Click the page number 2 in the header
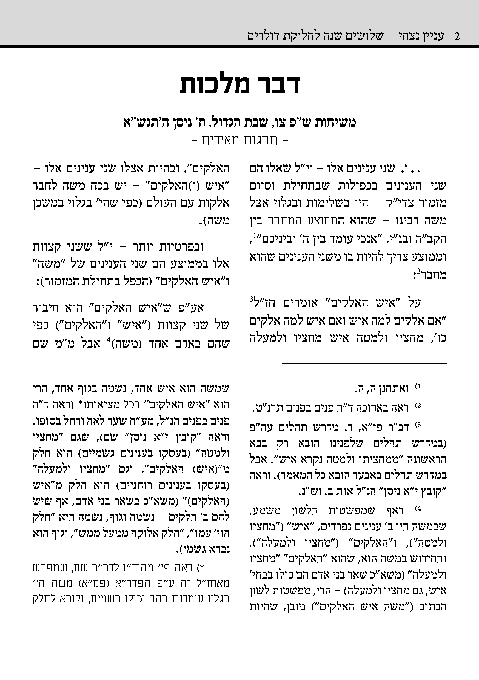[x=457, y=37]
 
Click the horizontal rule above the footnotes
[x=364, y=363]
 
